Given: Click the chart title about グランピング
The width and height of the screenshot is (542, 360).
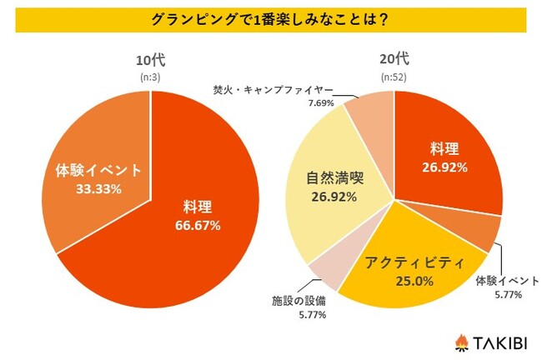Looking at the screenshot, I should [272, 18].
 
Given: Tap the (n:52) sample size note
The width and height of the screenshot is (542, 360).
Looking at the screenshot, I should [394, 75].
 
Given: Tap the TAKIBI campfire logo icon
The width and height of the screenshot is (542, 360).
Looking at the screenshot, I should [461, 342].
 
